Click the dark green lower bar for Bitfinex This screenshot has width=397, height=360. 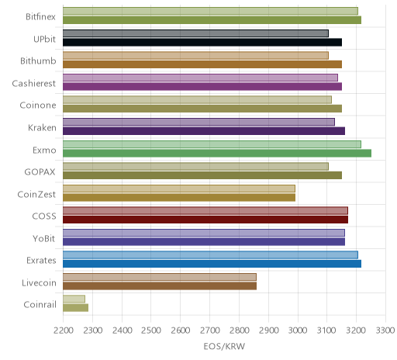click(212, 20)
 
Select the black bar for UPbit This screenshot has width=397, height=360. click(202, 42)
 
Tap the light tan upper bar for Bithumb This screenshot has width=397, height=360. click(195, 55)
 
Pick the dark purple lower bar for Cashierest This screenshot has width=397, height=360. click(202, 86)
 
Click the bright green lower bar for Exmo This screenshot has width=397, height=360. click(217, 153)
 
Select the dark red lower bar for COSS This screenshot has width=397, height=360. click(205, 220)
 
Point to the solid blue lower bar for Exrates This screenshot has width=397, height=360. click(212, 264)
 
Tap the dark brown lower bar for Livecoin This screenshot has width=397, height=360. click(160, 286)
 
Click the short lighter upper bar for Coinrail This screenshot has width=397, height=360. click(74, 299)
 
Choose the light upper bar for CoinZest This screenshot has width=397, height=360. click(179, 189)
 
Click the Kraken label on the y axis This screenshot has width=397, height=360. click(42, 127)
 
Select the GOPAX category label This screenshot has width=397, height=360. click(40, 172)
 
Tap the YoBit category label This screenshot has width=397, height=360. click(44, 238)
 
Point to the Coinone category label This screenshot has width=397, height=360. click(38, 106)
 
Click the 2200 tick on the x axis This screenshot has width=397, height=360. click(64, 331)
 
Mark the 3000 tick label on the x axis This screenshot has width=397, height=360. click(298, 331)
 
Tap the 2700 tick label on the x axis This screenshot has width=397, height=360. click(210, 331)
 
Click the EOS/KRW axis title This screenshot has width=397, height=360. click(224, 346)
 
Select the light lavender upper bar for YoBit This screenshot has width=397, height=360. click(204, 233)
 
